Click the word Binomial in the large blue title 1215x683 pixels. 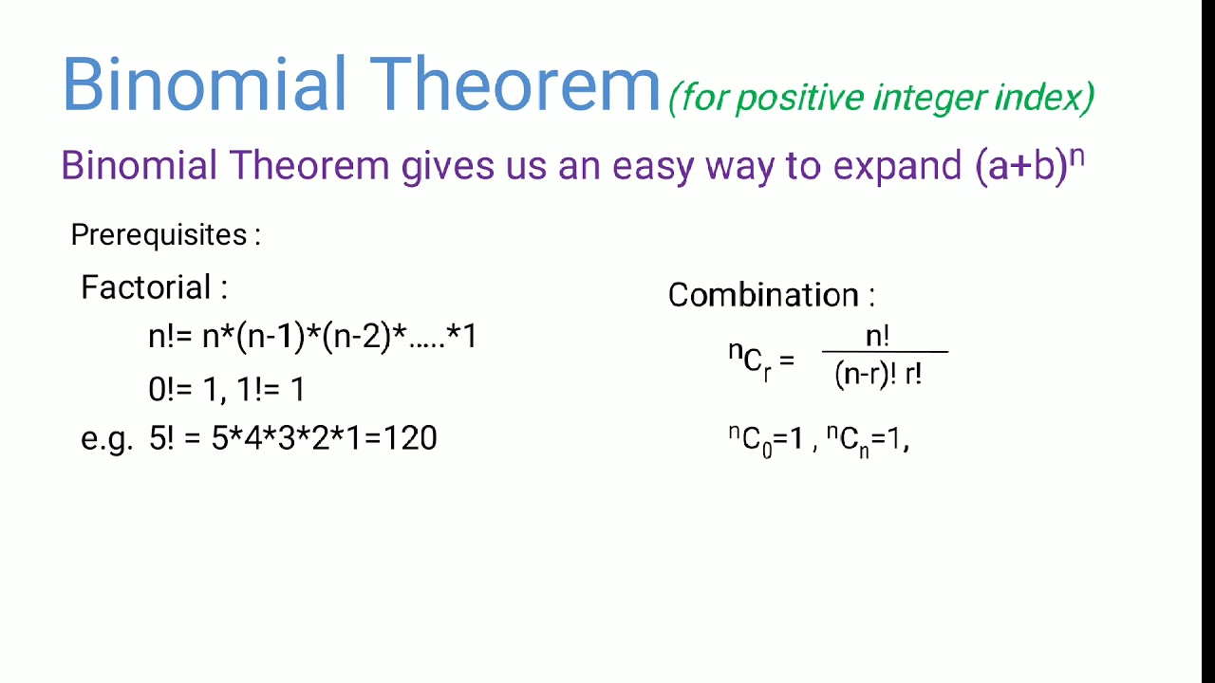[205, 85]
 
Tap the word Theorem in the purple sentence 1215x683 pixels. [309, 166]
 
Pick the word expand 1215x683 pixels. [898, 166]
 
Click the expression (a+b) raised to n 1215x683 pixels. [1029, 165]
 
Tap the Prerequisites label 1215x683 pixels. [165, 235]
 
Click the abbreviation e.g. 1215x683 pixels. [106, 438]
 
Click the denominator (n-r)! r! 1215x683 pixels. [879, 374]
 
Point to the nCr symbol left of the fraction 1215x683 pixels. [750, 361]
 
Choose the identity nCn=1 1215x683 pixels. [864, 440]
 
